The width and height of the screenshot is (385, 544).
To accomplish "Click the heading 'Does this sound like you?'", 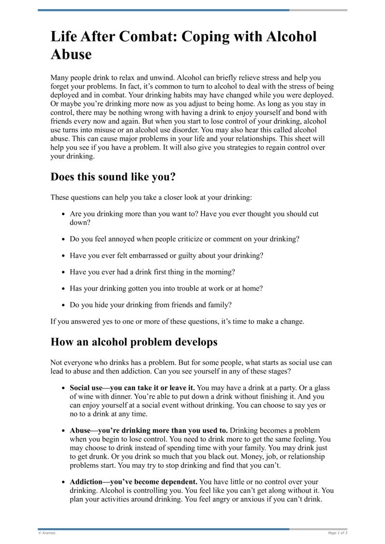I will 113,177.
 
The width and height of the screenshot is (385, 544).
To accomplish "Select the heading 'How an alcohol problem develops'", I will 134,342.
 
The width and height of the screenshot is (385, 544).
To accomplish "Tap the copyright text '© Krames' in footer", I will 47,533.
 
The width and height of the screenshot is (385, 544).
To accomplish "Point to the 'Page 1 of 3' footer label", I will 337,533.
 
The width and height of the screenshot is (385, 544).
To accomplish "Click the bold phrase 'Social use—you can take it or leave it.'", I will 132,388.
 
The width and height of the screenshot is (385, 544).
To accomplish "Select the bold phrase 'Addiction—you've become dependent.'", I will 133,481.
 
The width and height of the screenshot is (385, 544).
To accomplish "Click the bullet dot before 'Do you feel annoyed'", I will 64,239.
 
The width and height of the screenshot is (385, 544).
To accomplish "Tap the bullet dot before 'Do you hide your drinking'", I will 64,305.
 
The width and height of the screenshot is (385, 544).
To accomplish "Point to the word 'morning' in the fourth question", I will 219,272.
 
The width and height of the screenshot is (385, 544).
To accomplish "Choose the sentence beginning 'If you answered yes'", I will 177,322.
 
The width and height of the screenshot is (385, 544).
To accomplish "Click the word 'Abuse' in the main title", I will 71,54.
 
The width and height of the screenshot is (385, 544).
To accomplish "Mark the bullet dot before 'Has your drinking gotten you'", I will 64,289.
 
